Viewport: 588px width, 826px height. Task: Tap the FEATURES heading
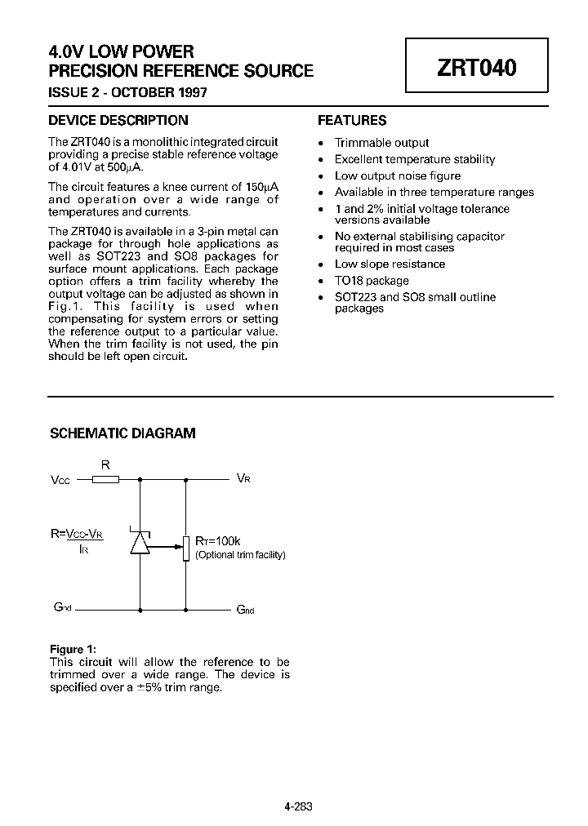(x=351, y=120)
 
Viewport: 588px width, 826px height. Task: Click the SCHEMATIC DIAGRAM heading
(x=122, y=433)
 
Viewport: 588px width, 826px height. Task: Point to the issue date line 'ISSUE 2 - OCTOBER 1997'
(x=128, y=92)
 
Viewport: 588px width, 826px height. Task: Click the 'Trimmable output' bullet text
(x=381, y=143)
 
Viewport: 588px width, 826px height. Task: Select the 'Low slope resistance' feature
(x=390, y=264)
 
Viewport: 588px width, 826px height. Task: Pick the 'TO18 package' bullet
(x=372, y=281)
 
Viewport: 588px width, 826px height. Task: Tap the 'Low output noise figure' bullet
(x=397, y=176)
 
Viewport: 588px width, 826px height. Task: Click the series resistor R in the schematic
(x=105, y=479)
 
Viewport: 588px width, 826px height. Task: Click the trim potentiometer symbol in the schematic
(x=186, y=548)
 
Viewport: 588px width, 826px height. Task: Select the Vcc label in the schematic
(x=60, y=480)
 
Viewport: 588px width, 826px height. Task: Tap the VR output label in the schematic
(x=243, y=478)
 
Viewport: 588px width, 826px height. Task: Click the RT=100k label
(x=217, y=540)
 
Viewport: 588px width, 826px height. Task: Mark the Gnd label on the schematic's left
(x=64, y=608)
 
